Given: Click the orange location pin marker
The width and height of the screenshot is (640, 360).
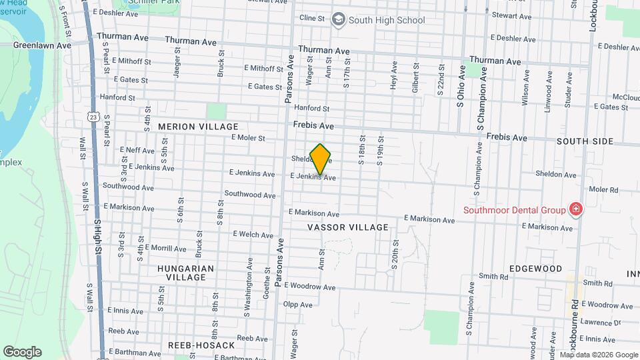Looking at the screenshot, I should (321, 159).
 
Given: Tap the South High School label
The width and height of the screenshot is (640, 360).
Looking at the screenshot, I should (387, 20).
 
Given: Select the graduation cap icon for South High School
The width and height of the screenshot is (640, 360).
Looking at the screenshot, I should (339, 19).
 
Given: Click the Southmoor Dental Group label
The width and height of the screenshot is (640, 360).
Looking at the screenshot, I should (515, 210).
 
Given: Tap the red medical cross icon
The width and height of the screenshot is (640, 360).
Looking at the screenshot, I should (575, 210).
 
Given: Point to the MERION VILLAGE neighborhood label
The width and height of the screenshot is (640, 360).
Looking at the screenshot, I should (198, 126).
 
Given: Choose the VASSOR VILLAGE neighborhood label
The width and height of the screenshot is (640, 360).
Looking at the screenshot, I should (348, 227).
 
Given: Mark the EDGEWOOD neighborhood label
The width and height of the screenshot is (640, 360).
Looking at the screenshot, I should (536, 269).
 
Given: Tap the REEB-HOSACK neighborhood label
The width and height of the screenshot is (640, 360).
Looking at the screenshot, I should (201, 345).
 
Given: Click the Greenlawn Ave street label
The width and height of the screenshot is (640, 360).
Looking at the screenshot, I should (42, 46).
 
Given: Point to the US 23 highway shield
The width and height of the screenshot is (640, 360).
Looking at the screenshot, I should (93, 117).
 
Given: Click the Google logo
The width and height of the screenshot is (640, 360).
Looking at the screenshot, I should (22, 352).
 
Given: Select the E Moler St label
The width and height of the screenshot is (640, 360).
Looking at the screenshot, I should (248, 138).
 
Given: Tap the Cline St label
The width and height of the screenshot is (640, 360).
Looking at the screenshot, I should (312, 17).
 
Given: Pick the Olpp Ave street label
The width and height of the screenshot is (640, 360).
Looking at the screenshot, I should (298, 305).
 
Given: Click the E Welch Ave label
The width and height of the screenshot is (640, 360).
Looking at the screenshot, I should (253, 235).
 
